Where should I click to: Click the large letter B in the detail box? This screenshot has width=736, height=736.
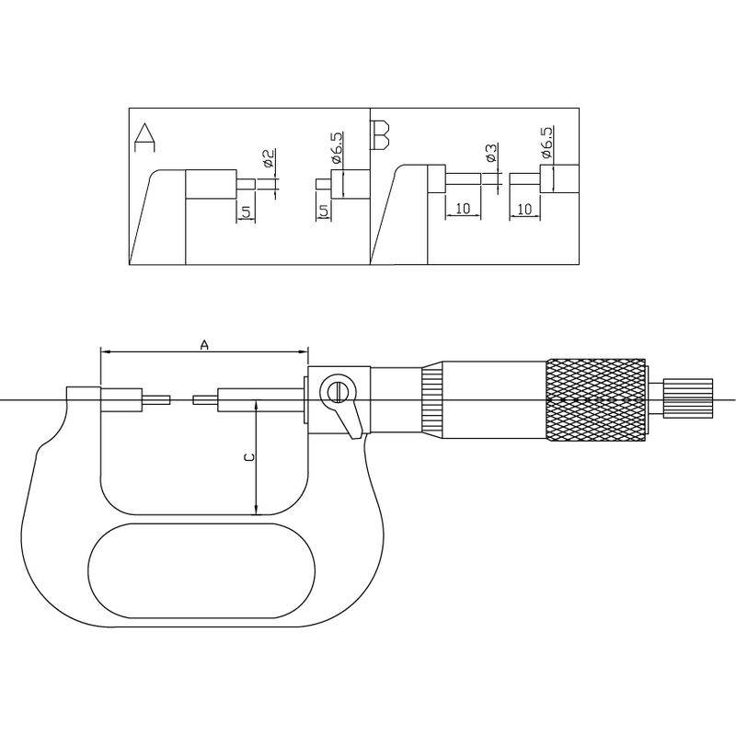[380, 135]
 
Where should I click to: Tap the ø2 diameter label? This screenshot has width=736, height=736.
[269, 158]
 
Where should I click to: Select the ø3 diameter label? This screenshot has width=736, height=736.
[492, 153]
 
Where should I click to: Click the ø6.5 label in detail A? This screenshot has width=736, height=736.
[338, 147]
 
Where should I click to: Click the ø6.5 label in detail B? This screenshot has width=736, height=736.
[546, 142]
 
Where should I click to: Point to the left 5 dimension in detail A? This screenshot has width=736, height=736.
[246, 213]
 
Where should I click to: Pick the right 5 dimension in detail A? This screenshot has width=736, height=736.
[324, 212]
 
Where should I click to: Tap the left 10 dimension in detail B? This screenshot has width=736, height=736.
[463, 208]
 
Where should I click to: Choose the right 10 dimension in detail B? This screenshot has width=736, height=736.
[524, 209]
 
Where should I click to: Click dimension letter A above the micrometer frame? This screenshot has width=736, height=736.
[204, 345]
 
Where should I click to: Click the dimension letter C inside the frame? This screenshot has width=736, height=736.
[249, 457]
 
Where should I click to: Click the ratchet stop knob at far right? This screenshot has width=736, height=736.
[687, 398]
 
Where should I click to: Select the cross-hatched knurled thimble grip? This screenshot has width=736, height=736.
[595, 400]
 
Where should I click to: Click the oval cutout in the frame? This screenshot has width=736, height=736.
[201, 570]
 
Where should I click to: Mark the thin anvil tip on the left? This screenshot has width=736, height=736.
[156, 400]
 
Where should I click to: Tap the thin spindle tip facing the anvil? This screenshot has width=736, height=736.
[205, 400]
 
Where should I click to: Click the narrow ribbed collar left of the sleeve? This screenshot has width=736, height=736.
[431, 400]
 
